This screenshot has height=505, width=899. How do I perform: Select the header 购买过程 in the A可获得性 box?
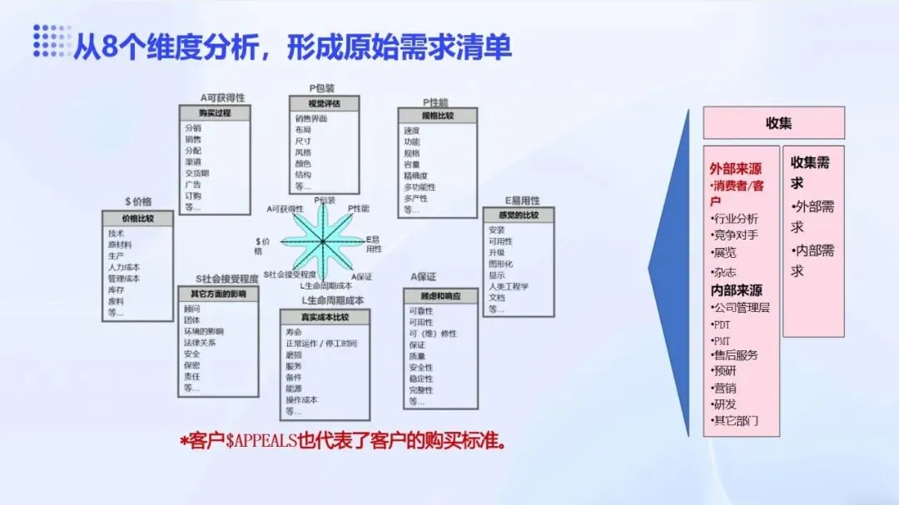tap(214, 113)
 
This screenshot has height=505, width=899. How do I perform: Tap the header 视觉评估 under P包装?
tap(323, 103)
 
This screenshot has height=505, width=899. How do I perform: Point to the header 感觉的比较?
tap(518, 215)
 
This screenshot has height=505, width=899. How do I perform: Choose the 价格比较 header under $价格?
tap(137, 218)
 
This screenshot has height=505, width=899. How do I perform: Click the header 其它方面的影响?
tap(218, 294)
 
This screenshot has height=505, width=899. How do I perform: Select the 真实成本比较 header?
tap(323, 317)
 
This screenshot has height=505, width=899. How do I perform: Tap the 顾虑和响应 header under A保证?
tap(442, 296)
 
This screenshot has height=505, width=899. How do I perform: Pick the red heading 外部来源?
tap(736, 168)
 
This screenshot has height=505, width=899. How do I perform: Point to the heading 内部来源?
tap(736, 290)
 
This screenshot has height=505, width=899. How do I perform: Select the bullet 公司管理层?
tap(741, 308)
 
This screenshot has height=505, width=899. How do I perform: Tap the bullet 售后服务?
tap(736, 355)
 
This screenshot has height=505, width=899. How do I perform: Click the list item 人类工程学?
tap(509, 287)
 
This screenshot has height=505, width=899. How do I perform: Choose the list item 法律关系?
tap(204, 342)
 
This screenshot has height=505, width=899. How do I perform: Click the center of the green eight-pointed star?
tap(322, 241)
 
